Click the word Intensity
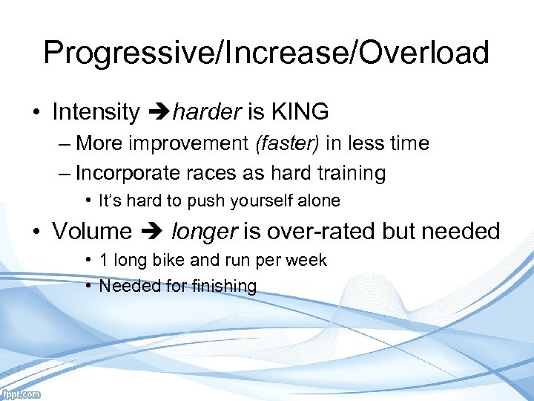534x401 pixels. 96,112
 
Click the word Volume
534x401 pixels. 91,232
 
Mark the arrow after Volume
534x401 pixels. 151,232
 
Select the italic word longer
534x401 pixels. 205,232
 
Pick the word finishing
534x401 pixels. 221,286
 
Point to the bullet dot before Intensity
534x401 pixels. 36,113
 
